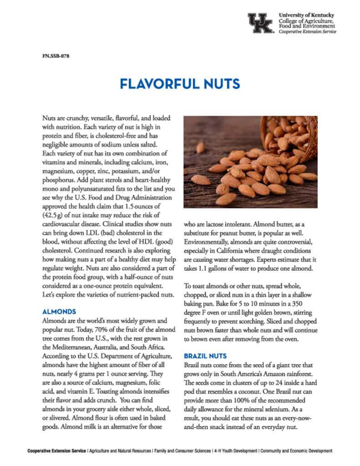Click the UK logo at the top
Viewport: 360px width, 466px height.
click(260, 23)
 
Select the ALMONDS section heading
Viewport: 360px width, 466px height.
click(59, 312)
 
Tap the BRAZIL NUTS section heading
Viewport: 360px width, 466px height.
click(205, 355)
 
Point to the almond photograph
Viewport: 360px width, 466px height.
click(250, 162)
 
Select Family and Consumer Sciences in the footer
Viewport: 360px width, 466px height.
click(182, 451)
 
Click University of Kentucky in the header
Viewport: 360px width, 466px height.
click(307, 15)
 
